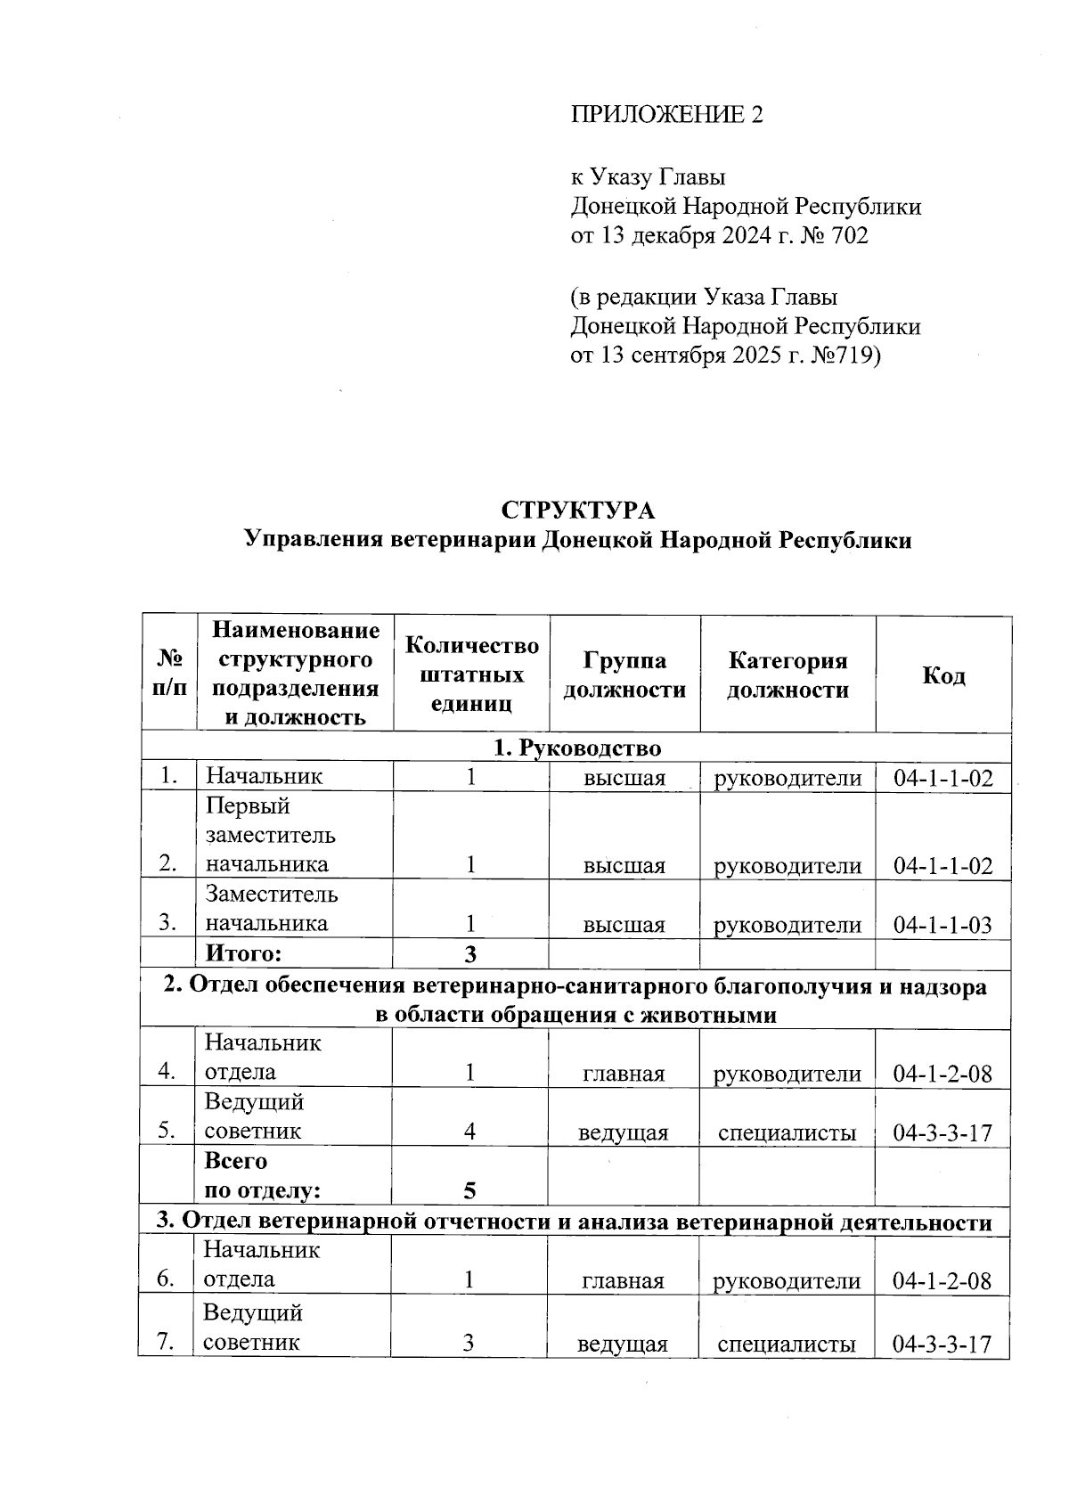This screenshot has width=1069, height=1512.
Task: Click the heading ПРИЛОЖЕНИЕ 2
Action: (x=666, y=115)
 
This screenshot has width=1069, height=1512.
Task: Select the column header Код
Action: (x=943, y=675)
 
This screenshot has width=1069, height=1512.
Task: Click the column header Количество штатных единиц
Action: (x=471, y=674)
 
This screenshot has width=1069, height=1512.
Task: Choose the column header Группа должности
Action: (x=624, y=675)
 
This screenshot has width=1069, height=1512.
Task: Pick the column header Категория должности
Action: (x=787, y=675)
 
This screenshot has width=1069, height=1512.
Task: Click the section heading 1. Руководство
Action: (x=577, y=748)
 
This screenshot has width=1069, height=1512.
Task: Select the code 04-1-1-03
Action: (x=943, y=925)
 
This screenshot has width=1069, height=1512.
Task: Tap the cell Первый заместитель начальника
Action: (x=271, y=835)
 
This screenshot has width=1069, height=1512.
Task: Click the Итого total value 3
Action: (x=469, y=954)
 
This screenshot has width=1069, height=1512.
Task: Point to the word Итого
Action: (x=243, y=954)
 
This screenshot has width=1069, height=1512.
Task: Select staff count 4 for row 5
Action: (x=469, y=1132)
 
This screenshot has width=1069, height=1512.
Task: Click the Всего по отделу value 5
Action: (x=469, y=1190)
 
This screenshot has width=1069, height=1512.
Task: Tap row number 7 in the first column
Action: (x=165, y=1343)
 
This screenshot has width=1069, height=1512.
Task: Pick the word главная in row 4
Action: (x=624, y=1074)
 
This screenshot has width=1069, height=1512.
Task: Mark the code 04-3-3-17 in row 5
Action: (x=943, y=1132)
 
